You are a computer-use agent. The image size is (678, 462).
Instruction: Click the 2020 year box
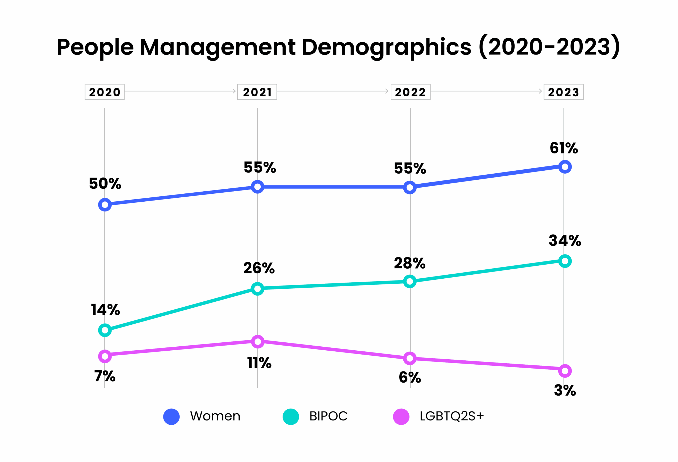coord(104,92)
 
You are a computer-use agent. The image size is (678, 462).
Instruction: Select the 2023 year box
coord(563,92)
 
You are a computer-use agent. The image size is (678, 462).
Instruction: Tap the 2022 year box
coord(410,92)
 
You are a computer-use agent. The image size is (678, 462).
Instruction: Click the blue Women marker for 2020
coord(105,205)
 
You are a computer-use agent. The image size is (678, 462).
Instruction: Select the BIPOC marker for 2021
coord(257,289)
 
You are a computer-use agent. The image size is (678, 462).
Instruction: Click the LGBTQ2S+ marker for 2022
coord(410,358)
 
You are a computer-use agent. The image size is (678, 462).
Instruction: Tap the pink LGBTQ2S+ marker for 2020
coord(105,356)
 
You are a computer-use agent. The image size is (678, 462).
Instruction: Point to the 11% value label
coord(259,363)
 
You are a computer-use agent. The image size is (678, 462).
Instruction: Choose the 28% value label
coord(410,263)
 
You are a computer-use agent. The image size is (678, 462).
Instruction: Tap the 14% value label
coord(105,310)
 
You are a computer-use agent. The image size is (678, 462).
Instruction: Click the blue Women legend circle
coord(171,416)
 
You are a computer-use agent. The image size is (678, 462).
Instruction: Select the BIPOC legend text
coord(328,416)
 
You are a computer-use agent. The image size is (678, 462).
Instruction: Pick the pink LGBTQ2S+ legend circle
coord(401,416)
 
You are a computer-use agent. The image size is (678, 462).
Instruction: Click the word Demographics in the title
coord(386,47)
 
